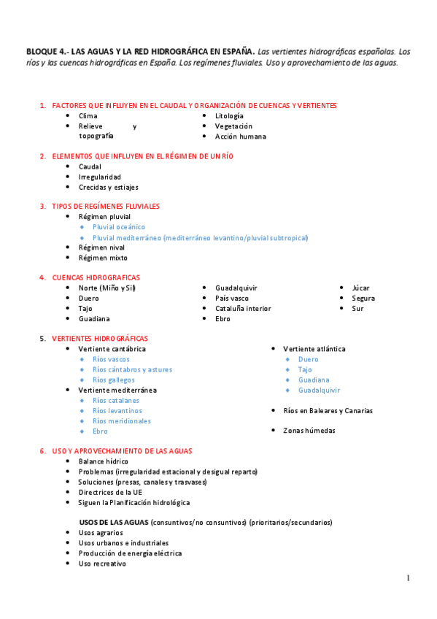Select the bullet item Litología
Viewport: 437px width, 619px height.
click(x=229, y=116)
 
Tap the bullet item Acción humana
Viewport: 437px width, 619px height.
click(x=240, y=137)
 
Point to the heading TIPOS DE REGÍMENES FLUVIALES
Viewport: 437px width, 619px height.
click(x=106, y=207)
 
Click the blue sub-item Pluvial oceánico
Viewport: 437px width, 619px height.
click(x=119, y=227)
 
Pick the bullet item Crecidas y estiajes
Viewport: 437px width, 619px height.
click(x=108, y=188)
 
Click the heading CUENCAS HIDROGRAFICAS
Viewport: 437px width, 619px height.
click(x=96, y=277)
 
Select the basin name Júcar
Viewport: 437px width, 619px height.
click(x=360, y=288)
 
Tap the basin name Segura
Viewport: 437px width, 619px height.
click(x=363, y=299)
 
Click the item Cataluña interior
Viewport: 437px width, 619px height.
click(x=243, y=309)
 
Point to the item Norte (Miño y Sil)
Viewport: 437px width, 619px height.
click(x=107, y=288)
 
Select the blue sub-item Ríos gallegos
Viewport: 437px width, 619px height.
click(x=114, y=380)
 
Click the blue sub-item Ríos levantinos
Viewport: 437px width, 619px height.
click(x=117, y=411)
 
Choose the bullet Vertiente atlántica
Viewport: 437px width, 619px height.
click(x=314, y=349)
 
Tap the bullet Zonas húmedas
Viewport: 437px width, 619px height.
click(x=309, y=431)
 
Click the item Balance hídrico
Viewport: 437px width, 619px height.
click(x=104, y=461)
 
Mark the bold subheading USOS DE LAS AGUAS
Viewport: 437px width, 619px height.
click(x=114, y=523)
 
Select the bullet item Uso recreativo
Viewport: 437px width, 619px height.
click(x=102, y=564)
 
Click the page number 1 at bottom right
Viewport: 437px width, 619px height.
click(x=409, y=579)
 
